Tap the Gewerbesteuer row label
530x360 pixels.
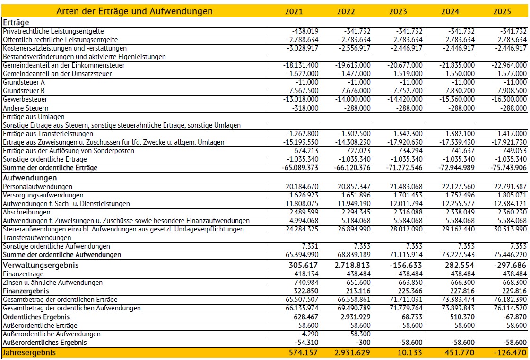25,100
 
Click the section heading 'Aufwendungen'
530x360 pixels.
30,178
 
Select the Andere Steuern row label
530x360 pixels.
26,108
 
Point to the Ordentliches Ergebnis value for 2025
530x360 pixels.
513,317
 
